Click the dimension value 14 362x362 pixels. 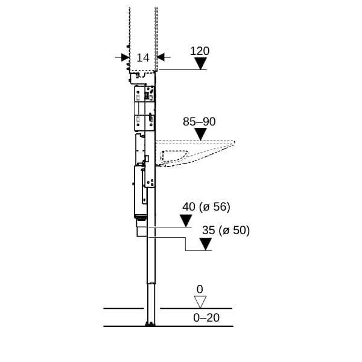(143, 58)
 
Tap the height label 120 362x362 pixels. (200, 51)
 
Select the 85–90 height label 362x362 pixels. (199, 122)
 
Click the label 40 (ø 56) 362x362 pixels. (206, 207)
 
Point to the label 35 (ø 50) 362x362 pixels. (226, 230)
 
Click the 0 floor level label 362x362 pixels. (200, 289)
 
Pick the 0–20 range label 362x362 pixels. (206, 318)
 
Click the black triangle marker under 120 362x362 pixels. (200, 63)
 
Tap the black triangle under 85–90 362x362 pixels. (200, 134)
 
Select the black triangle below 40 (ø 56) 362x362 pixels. (186, 221)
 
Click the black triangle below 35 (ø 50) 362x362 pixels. (206, 244)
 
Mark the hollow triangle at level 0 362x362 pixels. (200, 302)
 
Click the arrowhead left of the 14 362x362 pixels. (125, 57)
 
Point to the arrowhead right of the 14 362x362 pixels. (160, 57)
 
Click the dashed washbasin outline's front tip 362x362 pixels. (234, 142)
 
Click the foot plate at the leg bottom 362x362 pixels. (150, 324)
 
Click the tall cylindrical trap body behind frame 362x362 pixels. (140, 192)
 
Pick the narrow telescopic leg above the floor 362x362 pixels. (151, 303)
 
